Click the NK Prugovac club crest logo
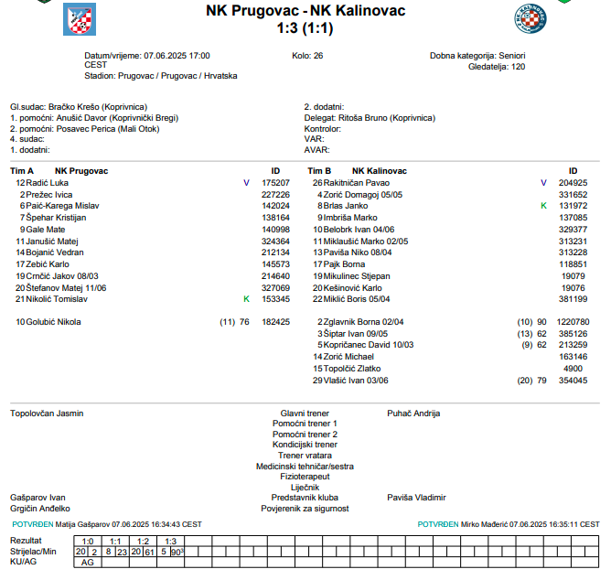tap(78, 18)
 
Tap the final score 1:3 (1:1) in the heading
tap(305, 29)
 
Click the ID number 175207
tap(275, 183)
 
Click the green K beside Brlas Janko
tap(543, 206)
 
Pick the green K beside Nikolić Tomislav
tap(245, 299)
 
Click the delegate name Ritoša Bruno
tap(359, 119)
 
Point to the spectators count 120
tap(518, 67)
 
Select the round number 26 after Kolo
tap(317, 56)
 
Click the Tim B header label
tap(319, 171)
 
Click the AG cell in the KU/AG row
tap(88, 563)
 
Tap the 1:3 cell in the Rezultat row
tap(169, 542)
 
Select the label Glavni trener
tap(305, 414)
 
